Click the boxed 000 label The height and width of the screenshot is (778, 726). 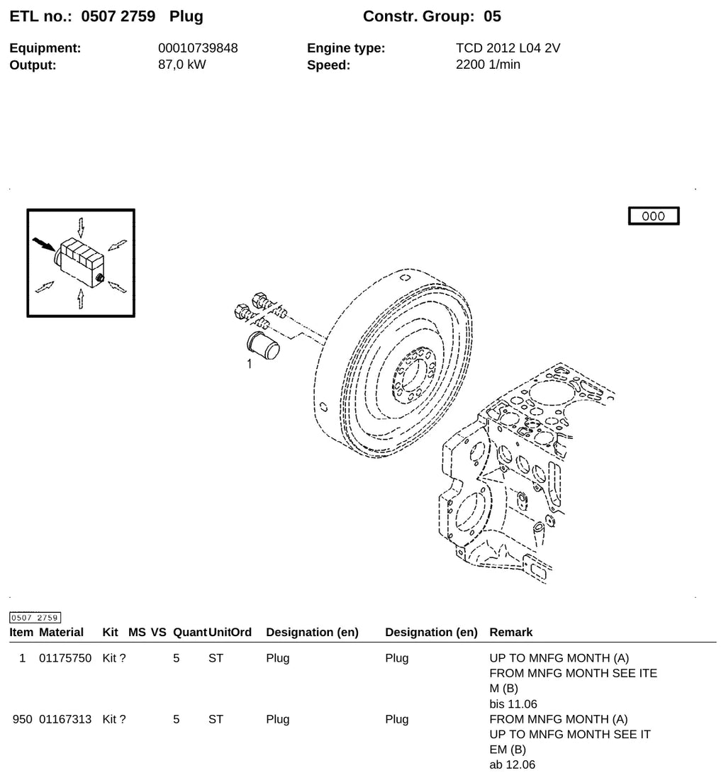pos(653,216)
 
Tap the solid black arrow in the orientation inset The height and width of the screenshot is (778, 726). pos(44,244)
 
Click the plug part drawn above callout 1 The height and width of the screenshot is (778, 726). pos(263,345)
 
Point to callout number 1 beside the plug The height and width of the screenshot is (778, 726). pos(250,365)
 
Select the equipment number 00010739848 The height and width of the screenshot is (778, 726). pos(198,48)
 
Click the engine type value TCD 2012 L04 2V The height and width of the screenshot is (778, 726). pos(508,48)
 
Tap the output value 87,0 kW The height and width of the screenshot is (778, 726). pos(182,65)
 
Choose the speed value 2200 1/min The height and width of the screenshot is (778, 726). pos(488,65)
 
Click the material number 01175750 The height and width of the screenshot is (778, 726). pos(65,658)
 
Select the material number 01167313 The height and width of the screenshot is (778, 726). pos(65,719)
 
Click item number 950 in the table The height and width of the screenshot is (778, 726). pos(22,719)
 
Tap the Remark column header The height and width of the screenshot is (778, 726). pos(510,632)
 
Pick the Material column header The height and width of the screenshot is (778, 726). pos(61,632)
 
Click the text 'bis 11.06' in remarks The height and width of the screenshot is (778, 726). pos(513,704)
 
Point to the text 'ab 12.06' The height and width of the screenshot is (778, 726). pos(513,765)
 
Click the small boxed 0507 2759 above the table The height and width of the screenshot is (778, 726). pos(35,618)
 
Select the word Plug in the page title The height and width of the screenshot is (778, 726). pos(186,16)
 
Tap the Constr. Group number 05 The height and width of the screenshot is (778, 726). pos(493,16)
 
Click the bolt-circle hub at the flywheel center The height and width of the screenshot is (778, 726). pos(413,374)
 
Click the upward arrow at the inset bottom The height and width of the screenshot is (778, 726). pos(80,298)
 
